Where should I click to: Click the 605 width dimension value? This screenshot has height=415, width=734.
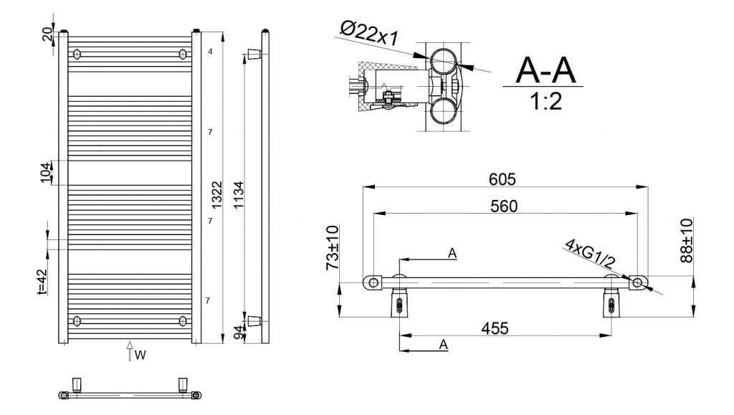point(502,179)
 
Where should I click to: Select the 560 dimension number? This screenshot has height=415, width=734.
point(504,206)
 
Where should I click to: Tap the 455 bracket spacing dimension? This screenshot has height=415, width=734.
point(495,328)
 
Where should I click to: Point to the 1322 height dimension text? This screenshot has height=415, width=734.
point(216,195)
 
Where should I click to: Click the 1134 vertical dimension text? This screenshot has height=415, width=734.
point(238,195)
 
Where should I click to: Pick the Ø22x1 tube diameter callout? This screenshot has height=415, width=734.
point(369,33)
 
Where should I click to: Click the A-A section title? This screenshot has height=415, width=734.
point(545,70)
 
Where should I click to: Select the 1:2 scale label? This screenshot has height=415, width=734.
point(545,101)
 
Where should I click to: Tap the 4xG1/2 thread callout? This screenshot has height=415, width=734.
point(589,254)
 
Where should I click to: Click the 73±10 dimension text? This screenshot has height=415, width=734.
point(333,247)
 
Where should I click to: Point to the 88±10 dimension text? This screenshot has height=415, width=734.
point(687,241)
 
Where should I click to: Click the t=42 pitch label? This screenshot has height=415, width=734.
point(42,281)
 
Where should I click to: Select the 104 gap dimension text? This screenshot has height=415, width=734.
point(45,173)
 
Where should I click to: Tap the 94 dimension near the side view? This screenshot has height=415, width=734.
point(239,333)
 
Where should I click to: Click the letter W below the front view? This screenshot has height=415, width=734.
point(140,355)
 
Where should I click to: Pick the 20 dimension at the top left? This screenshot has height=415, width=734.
point(47,34)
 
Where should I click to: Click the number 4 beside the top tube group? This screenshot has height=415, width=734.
point(210,52)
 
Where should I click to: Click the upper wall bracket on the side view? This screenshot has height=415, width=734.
point(253,54)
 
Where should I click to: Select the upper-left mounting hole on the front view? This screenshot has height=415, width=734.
point(77,54)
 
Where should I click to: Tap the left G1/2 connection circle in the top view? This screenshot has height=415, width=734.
point(373,282)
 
